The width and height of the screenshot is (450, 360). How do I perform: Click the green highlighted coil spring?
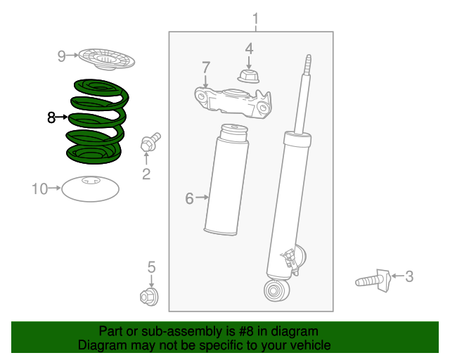[x=96, y=120]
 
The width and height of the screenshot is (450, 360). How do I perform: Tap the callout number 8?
[x=51, y=118]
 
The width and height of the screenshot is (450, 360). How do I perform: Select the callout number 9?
[x=61, y=56]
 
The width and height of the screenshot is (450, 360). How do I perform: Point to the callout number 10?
[x=39, y=188]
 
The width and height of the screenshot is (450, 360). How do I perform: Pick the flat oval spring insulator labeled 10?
[x=90, y=188]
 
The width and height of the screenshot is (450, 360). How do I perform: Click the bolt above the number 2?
[x=150, y=143]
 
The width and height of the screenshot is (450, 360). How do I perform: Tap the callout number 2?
[x=146, y=174]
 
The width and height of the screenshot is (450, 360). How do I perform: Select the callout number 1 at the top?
[x=255, y=18]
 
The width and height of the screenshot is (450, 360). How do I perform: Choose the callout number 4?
[x=248, y=49]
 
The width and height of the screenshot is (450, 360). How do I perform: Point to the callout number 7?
[x=205, y=67]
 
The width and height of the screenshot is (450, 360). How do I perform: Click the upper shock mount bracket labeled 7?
[x=232, y=102]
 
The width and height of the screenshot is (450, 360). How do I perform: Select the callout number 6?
[x=189, y=199]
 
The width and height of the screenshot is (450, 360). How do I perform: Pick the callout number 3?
[x=409, y=276]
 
